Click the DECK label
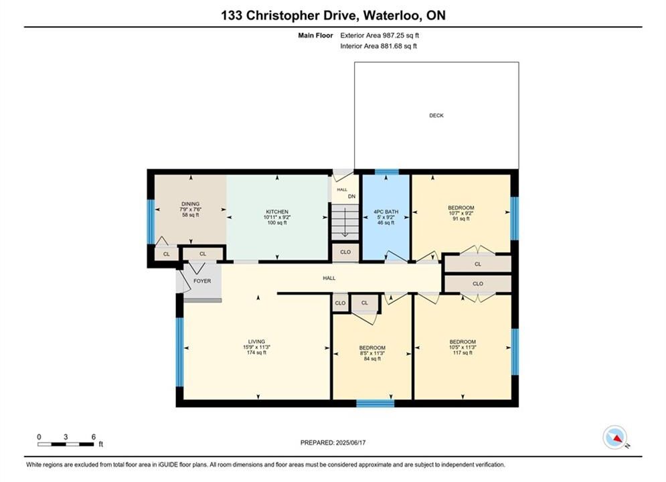coord(436,116)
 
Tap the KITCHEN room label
coord(277,212)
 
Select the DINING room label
coord(190,204)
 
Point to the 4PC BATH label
coord(386,212)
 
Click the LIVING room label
coord(256,341)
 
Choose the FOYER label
coord(202,280)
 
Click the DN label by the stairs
coord(351,196)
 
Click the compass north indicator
coord(615,437)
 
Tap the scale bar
coord(66,445)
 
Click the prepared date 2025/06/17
coord(351,443)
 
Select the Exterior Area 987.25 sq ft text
coord(380,35)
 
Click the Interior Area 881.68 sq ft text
coord(378,46)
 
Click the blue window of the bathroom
coord(386,171)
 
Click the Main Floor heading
coord(315,35)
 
